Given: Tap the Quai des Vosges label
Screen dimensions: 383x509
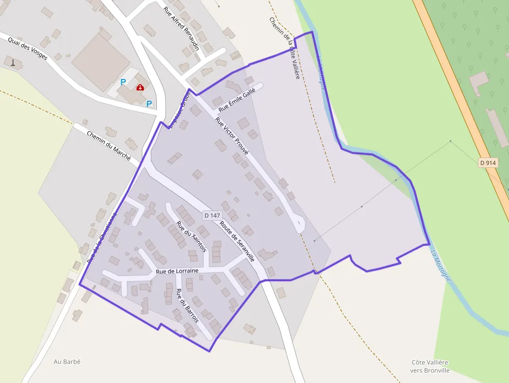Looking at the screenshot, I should pyautogui.click(x=28, y=48).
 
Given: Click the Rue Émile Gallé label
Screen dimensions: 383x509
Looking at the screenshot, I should pyautogui.click(x=237, y=101).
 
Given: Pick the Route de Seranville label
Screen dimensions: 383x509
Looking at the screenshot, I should pyautogui.click(x=237, y=241).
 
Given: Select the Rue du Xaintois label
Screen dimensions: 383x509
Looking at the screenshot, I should pyautogui.click(x=192, y=237).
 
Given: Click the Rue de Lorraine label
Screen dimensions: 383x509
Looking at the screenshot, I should pyautogui.click(x=177, y=271).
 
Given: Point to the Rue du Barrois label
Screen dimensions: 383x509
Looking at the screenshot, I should pyautogui.click(x=187, y=306).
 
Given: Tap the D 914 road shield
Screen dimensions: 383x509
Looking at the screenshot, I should pyautogui.click(x=488, y=163).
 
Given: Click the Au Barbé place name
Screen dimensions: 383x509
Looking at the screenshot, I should pyautogui.click(x=68, y=361).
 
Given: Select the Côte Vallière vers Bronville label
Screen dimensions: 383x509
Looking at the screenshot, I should pyautogui.click(x=430, y=366).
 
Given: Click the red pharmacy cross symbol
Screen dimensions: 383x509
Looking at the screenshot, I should pyautogui.click(x=140, y=88).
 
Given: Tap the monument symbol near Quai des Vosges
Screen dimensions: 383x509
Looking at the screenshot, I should pyautogui.click(x=13, y=63).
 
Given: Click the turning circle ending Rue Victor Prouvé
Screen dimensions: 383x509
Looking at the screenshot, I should pyautogui.click(x=300, y=225).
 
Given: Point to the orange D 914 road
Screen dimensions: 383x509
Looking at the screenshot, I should pyautogui.click(x=462, y=104).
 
